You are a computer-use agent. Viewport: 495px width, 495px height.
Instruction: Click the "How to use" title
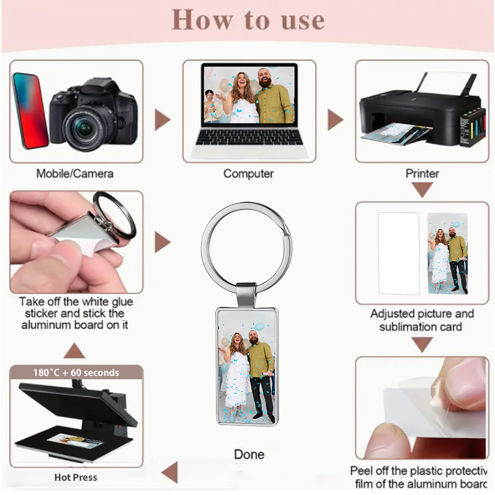(x=247, y=20)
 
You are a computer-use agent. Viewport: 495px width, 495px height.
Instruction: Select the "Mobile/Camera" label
(x=74, y=173)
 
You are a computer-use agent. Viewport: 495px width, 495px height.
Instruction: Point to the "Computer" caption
(x=248, y=173)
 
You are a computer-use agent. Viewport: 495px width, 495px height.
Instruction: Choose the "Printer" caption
(x=422, y=173)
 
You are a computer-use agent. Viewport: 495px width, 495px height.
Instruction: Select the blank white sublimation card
(x=398, y=253)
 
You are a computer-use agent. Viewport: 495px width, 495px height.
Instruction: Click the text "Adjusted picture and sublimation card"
(x=422, y=320)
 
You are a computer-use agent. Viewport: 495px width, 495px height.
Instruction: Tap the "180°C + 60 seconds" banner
(x=76, y=372)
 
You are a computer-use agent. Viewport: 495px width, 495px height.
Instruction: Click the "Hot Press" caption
(x=75, y=477)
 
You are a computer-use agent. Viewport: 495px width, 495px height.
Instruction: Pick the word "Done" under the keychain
(x=249, y=454)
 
